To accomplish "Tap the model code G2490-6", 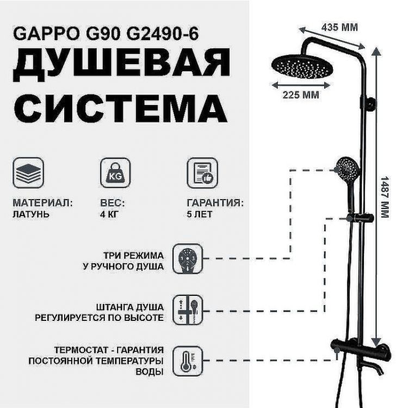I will tap(163, 35).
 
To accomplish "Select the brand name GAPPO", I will tap(41, 35).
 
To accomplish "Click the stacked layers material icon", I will tap(28, 172).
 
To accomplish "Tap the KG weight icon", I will tap(115, 172).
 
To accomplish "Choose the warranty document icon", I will tap(202, 172).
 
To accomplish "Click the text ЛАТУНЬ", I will tap(31, 214).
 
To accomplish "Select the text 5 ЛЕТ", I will tap(199, 214).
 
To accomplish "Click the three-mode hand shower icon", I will tap(187, 259).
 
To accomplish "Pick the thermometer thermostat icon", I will tap(187, 361).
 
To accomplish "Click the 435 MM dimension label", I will tap(339, 27).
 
